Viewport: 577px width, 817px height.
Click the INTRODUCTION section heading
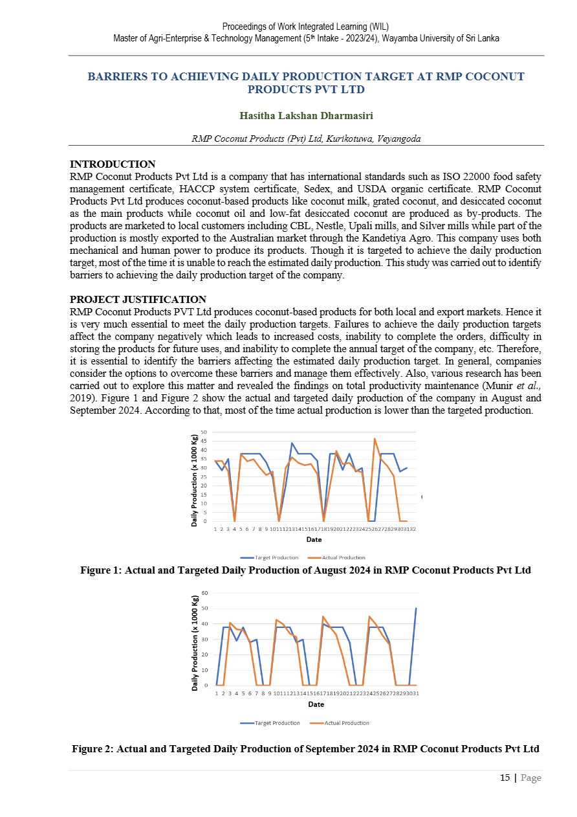(x=113, y=164)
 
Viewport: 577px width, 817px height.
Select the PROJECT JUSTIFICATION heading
(x=138, y=299)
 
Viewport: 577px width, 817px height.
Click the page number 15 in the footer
(x=505, y=778)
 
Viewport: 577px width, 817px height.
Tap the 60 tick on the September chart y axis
(x=204, y=593)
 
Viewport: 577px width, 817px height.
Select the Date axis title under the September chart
(x=316, y=704)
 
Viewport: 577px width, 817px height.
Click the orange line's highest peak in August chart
(x=375, y=439)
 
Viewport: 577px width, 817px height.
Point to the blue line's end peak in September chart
(x=416, y=609)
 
